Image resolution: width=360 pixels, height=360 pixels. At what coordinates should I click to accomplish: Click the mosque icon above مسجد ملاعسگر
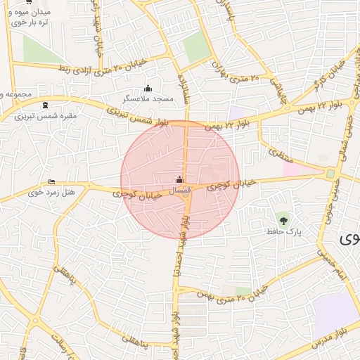click(148, 89)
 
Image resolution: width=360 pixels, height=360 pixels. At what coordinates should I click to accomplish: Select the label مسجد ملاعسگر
click(150, 100)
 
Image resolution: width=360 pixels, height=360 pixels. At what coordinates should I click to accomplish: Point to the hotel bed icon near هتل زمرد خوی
click(51, 181)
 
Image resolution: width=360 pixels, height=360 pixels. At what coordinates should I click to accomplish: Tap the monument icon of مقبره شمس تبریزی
click(46, 105)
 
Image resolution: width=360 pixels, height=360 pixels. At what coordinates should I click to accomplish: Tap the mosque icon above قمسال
click(179, 179)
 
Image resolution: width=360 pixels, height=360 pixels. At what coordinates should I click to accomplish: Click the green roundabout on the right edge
click(330, 174)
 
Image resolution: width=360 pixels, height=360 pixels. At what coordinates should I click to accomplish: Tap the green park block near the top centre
click(196, 47)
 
